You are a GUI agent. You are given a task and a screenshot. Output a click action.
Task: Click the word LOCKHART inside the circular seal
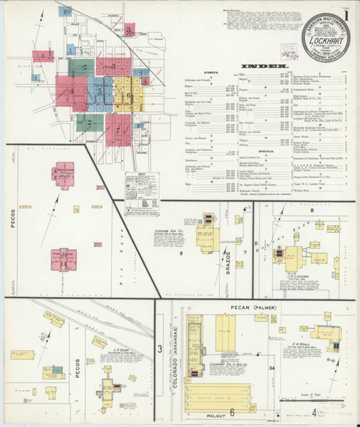pyautogui.click(x=317, y=41)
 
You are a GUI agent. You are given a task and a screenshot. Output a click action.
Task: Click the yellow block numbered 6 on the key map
pyautogui.click(x=122, y=89)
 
